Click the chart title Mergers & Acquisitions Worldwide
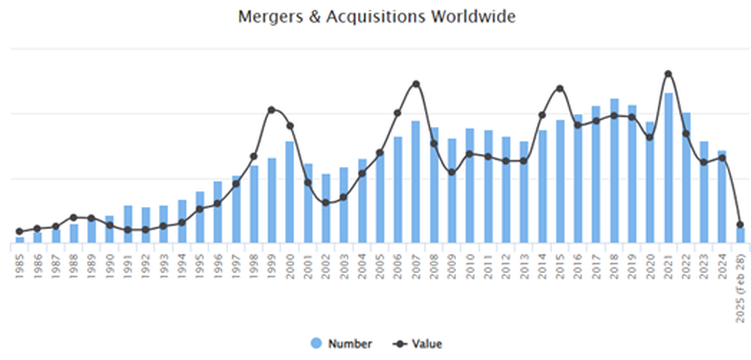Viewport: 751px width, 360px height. click(x=376, y=17)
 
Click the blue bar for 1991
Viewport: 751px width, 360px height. click(x=127, y=225)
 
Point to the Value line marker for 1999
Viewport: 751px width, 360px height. click(x=271, y=110)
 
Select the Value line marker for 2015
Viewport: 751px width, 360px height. click(x=560, y=89)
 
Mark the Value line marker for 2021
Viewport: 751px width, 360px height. click(x=668, y=74)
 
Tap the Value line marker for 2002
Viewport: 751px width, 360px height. click(x=326, y=202)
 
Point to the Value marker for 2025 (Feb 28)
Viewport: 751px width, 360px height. click(x=740, y=225)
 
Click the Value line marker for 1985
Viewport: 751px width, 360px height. click(x=20, y=231)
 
